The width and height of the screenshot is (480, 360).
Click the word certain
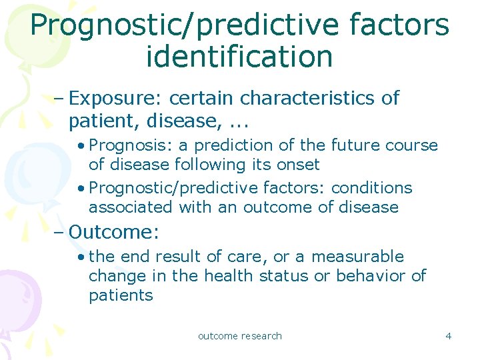(202, 98)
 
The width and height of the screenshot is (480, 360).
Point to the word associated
(131, 207)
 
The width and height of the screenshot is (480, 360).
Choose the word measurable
(357, 257)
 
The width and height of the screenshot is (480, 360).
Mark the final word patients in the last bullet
(121, 295)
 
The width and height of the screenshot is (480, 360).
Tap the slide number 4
(448, 336)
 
